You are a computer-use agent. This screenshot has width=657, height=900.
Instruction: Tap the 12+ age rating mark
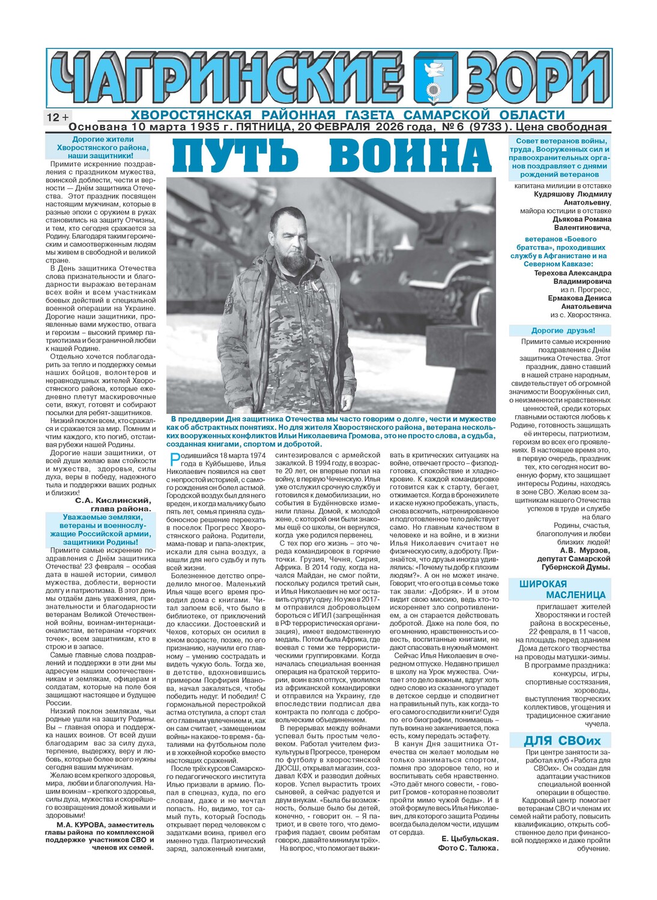(57, 117)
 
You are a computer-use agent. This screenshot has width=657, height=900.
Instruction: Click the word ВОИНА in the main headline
(411, 155)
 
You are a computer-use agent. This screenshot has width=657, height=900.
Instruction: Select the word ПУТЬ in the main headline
(236, 155)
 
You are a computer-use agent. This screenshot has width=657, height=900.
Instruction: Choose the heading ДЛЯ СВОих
(562, 740)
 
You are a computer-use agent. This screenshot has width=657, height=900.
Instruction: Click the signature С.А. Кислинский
(113, 500)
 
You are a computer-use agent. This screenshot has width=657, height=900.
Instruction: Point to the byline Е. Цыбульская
(470, 838)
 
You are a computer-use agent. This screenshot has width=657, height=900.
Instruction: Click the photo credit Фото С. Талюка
(468, 848)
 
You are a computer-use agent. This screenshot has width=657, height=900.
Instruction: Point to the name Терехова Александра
(572, 273)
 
